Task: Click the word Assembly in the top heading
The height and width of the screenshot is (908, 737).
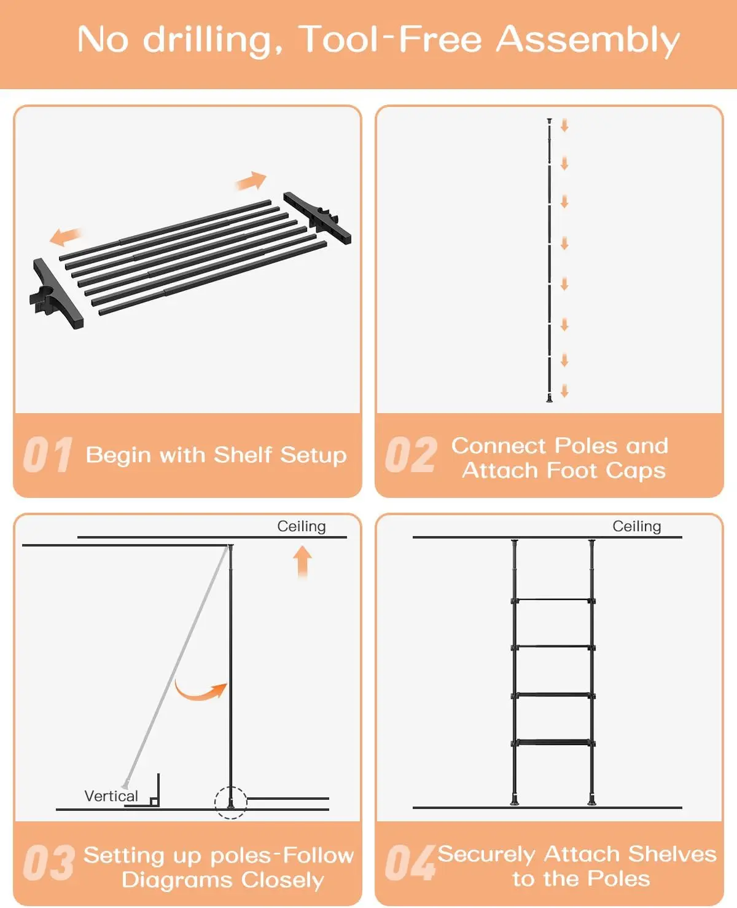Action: pos(588,41)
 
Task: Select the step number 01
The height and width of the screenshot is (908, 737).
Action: pos(48,454)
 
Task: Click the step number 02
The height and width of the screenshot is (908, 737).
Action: pos(411,454)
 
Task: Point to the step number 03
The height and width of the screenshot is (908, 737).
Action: pos(49,863)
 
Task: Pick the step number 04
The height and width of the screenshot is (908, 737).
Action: pos(410,863)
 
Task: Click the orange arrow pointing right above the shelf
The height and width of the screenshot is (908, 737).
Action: pos(251,181)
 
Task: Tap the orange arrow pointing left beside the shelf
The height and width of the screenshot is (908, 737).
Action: pos(66,236)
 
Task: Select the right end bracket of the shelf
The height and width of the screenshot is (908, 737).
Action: pos(318,218)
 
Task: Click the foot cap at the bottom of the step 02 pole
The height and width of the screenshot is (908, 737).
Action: pos(549,398)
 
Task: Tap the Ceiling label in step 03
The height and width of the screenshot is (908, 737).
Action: pos(302,526)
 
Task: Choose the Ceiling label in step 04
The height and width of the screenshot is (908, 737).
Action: pos(636,526)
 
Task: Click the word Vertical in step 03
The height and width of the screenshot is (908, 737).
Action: pos(111,796)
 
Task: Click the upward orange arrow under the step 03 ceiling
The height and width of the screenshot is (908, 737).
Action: pos(302,561)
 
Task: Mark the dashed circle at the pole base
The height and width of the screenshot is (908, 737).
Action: pos(230,803)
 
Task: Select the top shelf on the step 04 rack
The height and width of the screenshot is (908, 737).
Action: pos(553,600)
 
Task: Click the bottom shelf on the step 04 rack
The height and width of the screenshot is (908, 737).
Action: pos(553,743)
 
